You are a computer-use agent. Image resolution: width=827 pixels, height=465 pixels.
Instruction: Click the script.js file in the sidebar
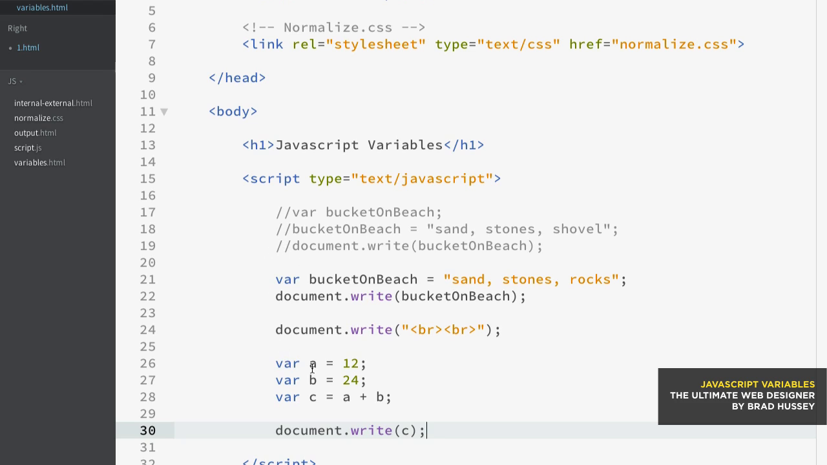tap(28, 148)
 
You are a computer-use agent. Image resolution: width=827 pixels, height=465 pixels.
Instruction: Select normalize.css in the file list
tap(38, 118)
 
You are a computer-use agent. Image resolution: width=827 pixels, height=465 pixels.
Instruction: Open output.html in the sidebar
tap(35, 133)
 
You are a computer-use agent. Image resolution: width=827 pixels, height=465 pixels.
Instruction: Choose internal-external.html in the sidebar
tap(53, 103)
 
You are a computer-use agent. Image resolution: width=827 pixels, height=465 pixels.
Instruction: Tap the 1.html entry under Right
tap(28, 48)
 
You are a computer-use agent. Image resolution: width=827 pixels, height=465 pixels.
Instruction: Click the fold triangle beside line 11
tap(164, 112)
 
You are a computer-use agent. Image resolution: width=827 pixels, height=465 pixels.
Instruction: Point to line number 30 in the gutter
tap(148, 431)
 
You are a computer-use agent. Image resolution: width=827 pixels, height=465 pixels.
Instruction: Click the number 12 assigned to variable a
tap(350, 364)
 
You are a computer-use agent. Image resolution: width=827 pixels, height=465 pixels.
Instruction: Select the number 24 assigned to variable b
tap(350, 380)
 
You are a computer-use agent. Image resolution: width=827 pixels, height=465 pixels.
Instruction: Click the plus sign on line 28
tap(363, 397)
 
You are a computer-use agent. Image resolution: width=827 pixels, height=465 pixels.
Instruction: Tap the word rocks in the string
tap(590, 280)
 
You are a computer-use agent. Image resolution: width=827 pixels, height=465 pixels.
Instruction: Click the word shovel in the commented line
tap(578, 229)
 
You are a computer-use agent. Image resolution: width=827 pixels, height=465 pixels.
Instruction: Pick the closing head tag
tap(237, 78)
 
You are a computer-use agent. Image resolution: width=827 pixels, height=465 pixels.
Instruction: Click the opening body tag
tap(233, 112)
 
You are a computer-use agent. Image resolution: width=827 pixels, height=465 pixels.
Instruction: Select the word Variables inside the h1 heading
tap(405, 145)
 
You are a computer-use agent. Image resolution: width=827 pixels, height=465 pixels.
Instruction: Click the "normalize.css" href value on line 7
tap(674, 45)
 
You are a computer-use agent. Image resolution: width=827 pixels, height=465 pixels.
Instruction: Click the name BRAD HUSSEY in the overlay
tap(781, 406)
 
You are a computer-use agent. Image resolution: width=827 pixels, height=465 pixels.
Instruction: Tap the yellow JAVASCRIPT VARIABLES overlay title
tap(758, 384)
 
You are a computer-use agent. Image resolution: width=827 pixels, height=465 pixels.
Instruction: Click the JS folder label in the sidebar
tap(12, 81)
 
